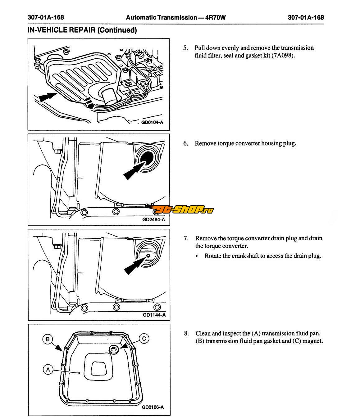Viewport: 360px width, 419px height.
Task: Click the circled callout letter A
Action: [x=48, y=369]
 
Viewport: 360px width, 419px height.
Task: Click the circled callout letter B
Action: [x=48, y=339]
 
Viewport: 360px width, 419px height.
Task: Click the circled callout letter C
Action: [x=144, y=339]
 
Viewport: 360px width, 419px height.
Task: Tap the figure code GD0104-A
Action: [x=152, y=122]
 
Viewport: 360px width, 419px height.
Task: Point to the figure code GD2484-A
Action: [x=153, y=220]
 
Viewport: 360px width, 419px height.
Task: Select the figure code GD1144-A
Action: [x=154, y=315]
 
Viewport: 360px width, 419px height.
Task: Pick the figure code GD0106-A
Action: [x=153, y=407]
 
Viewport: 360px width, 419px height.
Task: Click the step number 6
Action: [x=185, y=143]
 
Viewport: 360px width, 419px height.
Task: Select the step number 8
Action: [x=186, y=333]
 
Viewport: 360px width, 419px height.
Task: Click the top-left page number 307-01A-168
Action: [x=46, y=17]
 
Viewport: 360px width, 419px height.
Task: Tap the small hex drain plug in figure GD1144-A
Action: [x=148, y=255]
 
